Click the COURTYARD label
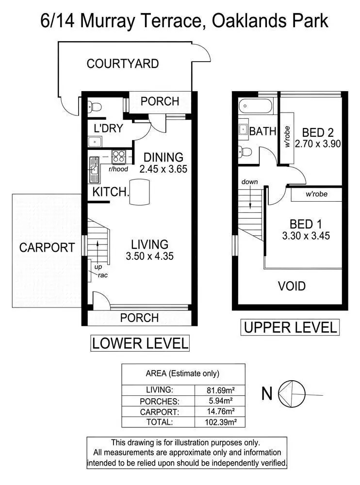pos(122,64)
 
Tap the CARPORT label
pos(47,247)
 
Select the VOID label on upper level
pos(292,286)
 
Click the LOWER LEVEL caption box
pos(140,343)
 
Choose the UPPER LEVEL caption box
pos(290,327)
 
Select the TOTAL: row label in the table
pos(159,422)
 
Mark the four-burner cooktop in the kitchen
pos(119,156)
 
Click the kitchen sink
pos(94,169)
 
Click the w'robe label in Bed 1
pos(316,194)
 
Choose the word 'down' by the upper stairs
pos(250,182)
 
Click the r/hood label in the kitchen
pos(118,169)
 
